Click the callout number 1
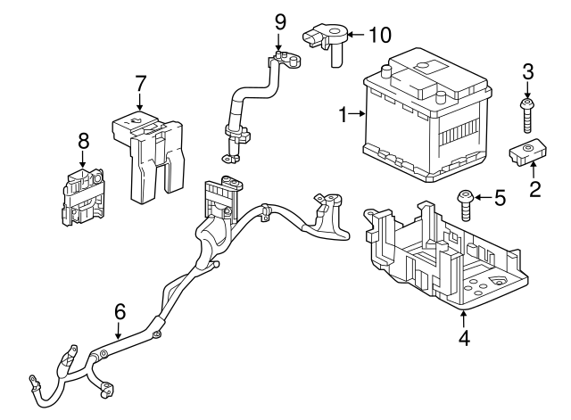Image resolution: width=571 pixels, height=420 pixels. [x=343, y=114]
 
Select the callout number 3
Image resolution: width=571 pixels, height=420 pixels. [x=527, y=70]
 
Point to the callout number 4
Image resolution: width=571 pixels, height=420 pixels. [x=464, y=338]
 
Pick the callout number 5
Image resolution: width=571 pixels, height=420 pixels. [x=501, y=197]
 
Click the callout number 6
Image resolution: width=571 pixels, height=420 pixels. [x=120, y=312]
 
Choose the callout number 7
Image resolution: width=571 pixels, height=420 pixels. [x=140, y=83]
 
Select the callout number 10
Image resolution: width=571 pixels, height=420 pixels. [x=380, y=35]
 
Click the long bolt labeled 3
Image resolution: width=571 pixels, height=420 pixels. [x=527, y=117]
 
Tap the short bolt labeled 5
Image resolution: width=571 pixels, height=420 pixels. [x=465, y=206]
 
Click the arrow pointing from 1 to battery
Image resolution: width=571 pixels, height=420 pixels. [x=357, y=114]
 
